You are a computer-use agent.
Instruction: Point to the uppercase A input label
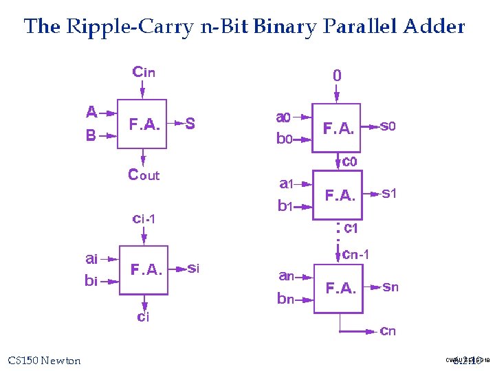click(91, 111)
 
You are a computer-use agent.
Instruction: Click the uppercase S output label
click(190, 124)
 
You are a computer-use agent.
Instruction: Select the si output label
click(193, 269)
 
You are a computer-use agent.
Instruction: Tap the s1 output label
click(389, 194)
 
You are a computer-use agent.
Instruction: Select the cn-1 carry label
click(356, 255)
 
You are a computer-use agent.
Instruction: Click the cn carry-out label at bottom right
click(388, 331)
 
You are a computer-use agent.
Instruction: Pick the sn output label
click(390, 287)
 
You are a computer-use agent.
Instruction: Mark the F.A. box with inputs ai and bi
click(144, 270)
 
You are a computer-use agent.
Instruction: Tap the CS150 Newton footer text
click(44, 361)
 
